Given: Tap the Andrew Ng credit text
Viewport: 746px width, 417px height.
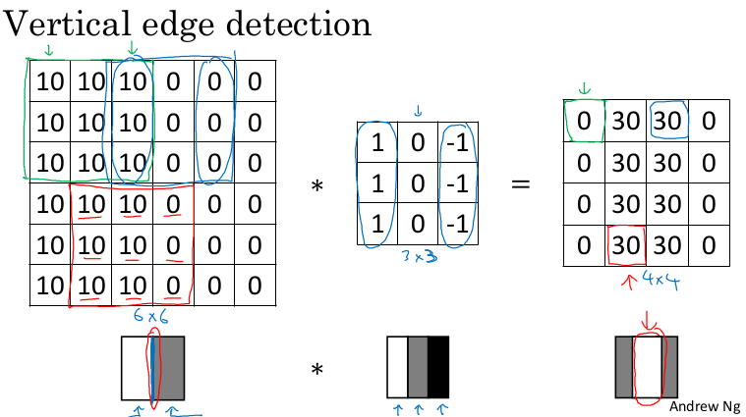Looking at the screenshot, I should [x=706, y=406].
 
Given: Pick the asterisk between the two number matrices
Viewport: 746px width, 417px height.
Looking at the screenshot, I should [x=316, y=184].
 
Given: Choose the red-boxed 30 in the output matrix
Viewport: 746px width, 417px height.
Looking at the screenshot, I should [x=626, y=244].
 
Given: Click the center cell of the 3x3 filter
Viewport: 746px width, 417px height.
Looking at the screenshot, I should [x=418, y=182].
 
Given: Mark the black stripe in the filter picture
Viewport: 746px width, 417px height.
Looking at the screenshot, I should [x=437, y=368].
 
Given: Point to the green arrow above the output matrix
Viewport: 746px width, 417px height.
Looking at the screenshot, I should [x=585, y=90].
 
